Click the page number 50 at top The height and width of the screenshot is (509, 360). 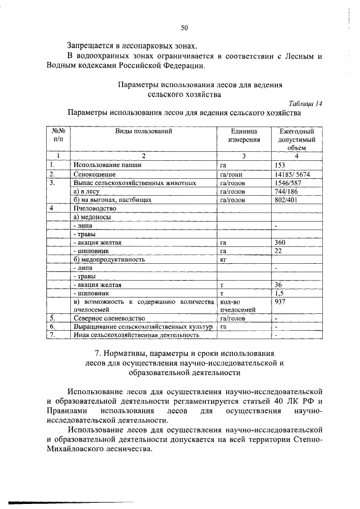[x=184, y=27]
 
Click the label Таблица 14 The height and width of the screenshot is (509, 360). [x=305, y=103]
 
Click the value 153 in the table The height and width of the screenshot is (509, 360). [x=280, y=165]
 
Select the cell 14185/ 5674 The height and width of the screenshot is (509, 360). [x=292, y=174]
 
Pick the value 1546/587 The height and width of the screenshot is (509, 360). [x=289, y=183]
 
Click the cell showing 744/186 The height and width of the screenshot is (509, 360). [x=285, y=191]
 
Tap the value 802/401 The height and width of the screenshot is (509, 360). [x=286, y=200]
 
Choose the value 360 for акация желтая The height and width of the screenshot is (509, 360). [x=280, y=242]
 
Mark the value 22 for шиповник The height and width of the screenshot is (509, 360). [x=278, y=251]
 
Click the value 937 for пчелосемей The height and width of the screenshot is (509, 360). [x=280, y=301]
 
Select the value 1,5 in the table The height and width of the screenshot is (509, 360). [x=278, y=293]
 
